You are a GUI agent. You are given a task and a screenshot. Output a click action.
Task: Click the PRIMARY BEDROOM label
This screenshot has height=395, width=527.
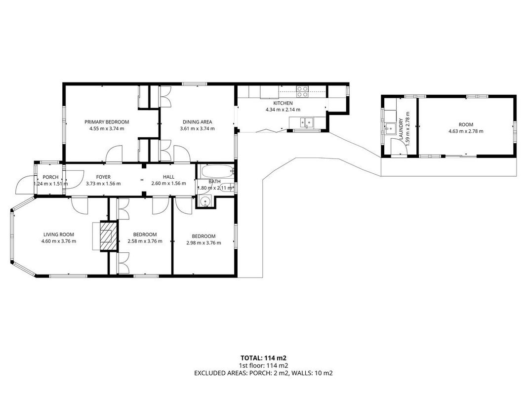(107, 122)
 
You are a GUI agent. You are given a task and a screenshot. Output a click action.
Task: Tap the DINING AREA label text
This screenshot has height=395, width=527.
(197, 122)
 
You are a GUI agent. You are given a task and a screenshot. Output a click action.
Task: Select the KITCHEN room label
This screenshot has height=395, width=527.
(283, 103)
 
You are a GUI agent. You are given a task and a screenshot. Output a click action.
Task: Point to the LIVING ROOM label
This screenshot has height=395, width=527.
(58, 235)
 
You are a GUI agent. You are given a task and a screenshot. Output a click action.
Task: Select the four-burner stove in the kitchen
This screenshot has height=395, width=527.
(302, 92)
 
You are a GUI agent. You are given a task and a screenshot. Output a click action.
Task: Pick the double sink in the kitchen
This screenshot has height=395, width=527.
(307, 122)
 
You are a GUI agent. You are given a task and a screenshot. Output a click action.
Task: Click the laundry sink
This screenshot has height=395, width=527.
(391, 128)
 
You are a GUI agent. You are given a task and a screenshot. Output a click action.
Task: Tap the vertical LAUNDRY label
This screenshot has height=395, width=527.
(401, 129)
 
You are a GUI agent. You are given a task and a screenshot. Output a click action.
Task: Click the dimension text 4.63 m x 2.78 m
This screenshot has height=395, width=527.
(466, 131)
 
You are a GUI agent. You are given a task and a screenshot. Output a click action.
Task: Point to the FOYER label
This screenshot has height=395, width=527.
(103, 177)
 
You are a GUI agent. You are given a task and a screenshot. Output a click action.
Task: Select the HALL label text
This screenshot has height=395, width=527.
(169, 177)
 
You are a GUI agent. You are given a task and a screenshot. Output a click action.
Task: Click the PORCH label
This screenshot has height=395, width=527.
(51, 177)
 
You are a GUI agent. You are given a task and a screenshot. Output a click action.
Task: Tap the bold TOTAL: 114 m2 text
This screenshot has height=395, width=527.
(264, 358)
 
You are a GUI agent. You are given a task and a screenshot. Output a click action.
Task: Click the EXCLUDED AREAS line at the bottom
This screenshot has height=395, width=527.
(264, 373)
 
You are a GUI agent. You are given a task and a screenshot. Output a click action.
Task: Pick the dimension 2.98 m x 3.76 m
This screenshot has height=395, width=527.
(203, 242)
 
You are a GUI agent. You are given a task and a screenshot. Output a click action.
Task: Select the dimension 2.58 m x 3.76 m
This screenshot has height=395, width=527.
(145, 241)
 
